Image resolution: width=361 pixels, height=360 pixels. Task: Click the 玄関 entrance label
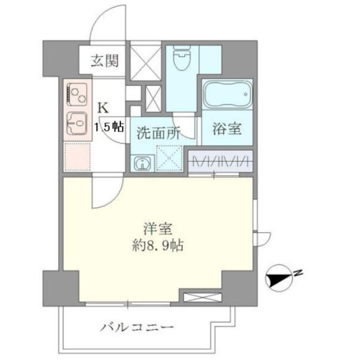pos(104,61)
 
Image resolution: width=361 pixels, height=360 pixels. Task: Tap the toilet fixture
pos(182,57)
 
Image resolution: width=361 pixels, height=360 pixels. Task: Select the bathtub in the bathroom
pos(227,94)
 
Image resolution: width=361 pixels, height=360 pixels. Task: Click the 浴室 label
pos(227,128)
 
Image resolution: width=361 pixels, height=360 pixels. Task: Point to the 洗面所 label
pos(158,133)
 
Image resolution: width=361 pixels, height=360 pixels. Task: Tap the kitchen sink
pos(77,123)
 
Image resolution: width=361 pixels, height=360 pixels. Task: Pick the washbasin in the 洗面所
pos(142,163)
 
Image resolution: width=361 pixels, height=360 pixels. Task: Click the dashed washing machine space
pos(169,158)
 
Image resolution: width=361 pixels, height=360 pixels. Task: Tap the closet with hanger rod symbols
pos(221,161)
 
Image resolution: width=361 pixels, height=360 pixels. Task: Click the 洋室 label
pos(158,229)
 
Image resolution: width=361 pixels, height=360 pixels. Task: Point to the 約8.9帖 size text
pos(158,246)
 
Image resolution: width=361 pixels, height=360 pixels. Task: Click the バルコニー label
pos(137,327)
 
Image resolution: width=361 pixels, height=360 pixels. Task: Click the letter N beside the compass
pos(298,273)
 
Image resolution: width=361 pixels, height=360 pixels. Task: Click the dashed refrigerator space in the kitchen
pos(77,157)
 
